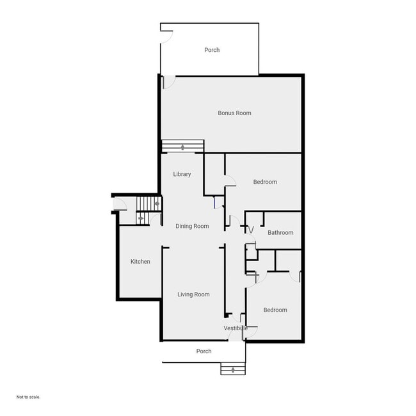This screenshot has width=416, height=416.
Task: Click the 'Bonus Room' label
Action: point(234,113)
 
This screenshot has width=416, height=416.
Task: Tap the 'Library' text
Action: point(182,174)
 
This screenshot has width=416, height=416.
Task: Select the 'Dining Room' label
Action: point(192,226)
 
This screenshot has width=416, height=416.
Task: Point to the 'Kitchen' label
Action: point(140,261)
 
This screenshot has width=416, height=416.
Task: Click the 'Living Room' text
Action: point(193,294)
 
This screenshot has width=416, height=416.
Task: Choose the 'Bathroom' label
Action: point(280,232)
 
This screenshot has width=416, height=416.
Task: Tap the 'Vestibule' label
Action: point(236,328)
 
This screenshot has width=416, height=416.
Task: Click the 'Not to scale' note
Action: point(28,397)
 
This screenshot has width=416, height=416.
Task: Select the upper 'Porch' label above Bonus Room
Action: point(212,50)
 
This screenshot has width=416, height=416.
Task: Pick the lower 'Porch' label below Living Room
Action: point(204,351)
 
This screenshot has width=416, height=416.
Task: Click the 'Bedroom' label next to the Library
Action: point(265,182)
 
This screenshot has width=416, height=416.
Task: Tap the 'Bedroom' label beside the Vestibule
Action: point(275,310)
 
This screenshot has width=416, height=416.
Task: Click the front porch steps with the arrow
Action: point(232,369)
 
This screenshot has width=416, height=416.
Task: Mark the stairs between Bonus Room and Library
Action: point(182,147)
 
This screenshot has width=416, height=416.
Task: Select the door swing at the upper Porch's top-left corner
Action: point(166,35)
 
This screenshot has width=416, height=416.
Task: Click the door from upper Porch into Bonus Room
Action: point(168,82)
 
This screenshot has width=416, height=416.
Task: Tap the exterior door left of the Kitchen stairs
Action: point(119,205)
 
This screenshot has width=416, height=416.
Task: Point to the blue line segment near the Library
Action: point(214,203)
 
